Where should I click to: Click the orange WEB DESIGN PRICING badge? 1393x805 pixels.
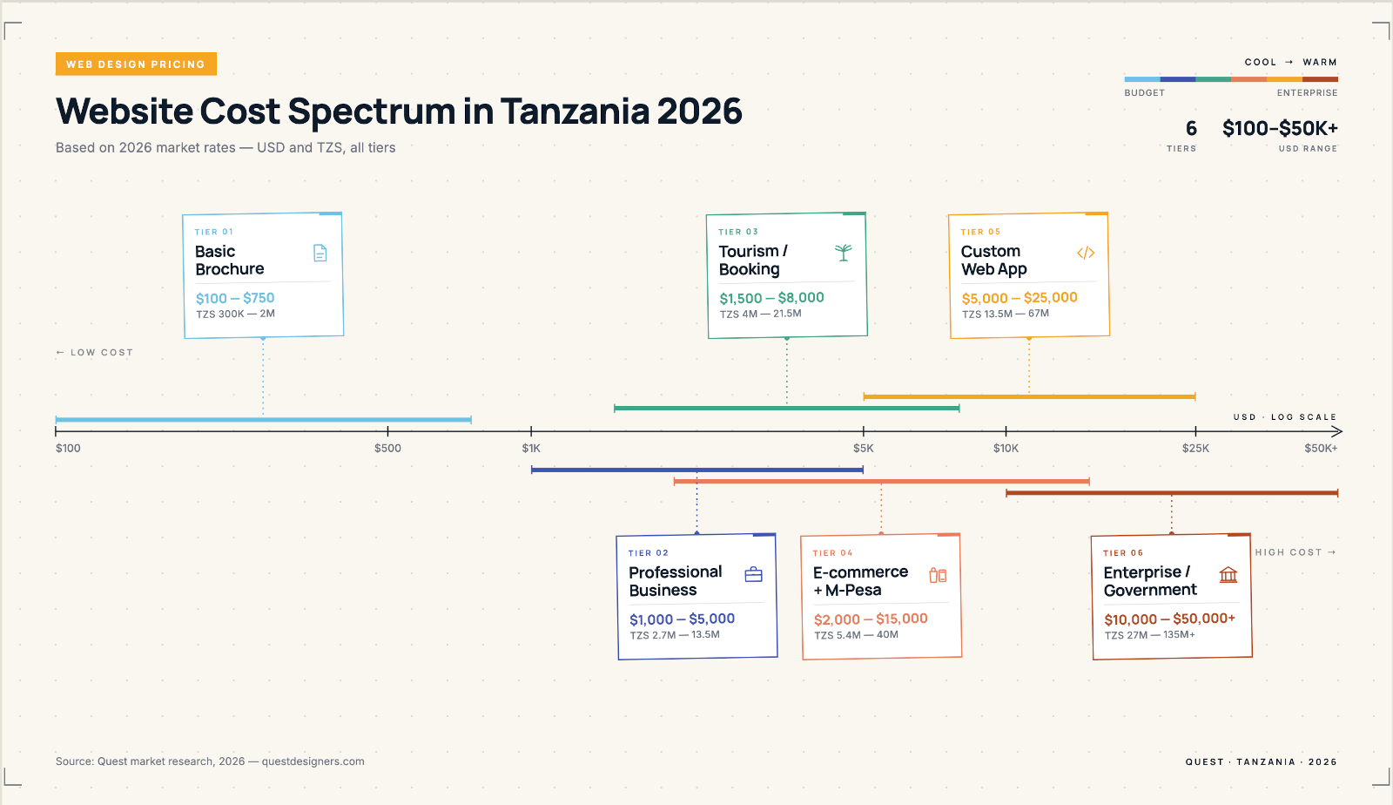coord(136,64)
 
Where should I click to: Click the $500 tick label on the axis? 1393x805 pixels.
coord(387,449)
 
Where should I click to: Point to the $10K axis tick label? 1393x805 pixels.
coord(1006,449)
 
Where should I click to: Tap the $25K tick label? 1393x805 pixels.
coord(1195,449)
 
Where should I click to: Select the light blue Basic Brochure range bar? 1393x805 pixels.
coord(263,420)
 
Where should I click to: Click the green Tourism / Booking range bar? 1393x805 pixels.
coord(786,408)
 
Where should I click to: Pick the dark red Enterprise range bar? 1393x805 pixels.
coord(1171,493)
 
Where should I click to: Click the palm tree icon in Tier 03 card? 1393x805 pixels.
coord(843,253)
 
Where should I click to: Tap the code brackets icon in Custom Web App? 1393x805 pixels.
coord(1085,254)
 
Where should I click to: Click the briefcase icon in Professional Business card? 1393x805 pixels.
coord(754,575)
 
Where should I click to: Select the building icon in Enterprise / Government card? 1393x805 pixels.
coord(1228,575)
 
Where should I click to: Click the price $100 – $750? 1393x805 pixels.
coord(235,298)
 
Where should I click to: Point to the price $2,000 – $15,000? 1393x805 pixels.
coord(871,619)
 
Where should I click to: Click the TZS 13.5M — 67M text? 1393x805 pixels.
coord(1006,314)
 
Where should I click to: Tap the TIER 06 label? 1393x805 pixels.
coord(1123,553)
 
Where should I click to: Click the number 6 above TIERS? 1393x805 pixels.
coord(1191,129)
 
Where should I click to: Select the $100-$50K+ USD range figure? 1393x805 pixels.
coord(1280,129)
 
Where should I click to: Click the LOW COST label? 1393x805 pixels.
coord(95,353)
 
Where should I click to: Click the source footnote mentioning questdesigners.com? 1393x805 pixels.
coord(210,761)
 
